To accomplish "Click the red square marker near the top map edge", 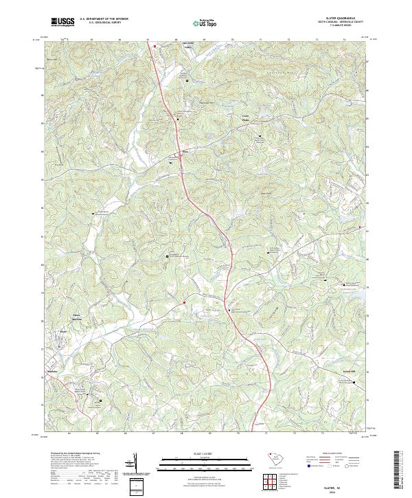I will click(x=155, y=47).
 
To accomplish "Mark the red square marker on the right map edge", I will click(x=361, y=227).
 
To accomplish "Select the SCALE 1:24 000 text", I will click(x=201, y=454).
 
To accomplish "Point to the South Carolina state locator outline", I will click(x=272, y=459).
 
